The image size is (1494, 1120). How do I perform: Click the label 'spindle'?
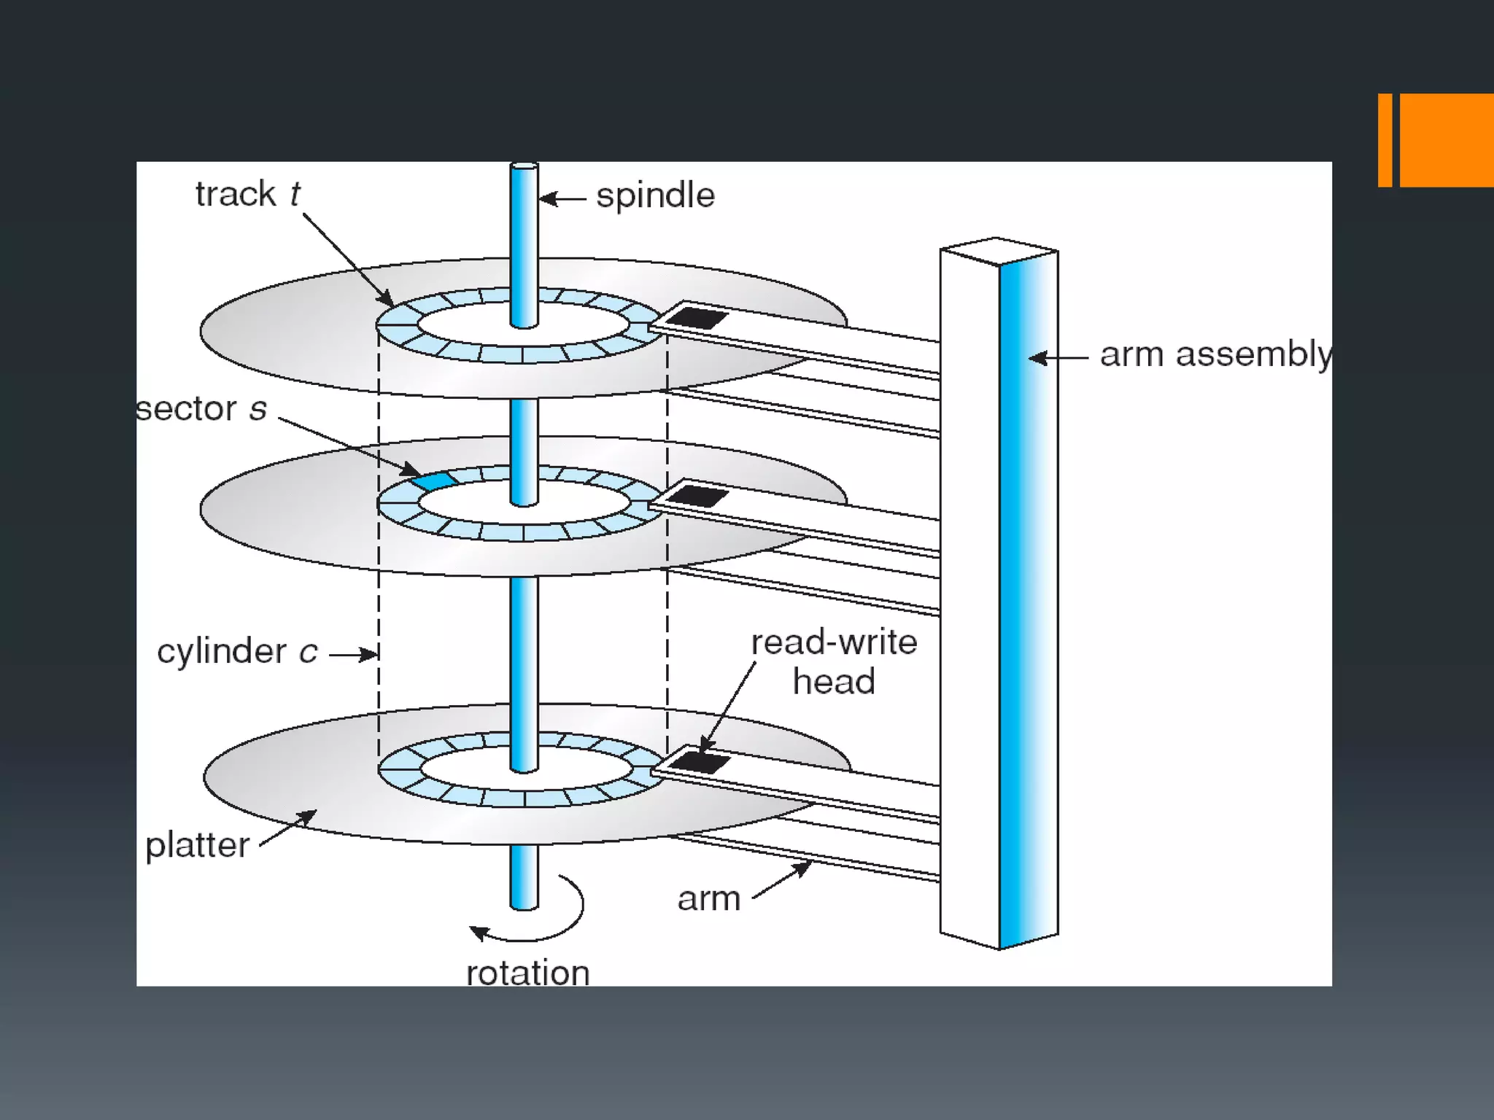click(655, 196)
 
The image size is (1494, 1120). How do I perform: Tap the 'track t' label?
click(247, 195)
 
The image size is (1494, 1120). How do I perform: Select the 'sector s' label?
click(202, 409)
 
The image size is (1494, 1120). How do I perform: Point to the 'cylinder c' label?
click(237, 651)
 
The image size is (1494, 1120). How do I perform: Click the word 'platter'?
click(197, 846)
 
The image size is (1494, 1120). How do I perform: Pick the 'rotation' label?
click(527, 973)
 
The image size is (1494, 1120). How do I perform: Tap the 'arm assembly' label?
click(1215, 355)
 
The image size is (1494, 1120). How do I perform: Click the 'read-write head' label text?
click(834, 661)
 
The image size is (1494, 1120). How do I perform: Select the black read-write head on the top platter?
click(697, 318)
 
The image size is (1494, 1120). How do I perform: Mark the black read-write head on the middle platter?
click(697, 497)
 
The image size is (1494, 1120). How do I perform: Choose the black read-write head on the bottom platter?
click(698, 763)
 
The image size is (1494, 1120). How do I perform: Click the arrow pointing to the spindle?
click(562, 198)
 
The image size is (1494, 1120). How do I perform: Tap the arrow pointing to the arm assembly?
click(1057, 358)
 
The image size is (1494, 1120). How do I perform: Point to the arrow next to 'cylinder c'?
click(353, 654)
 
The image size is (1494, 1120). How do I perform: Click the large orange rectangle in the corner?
click(1446, 140)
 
